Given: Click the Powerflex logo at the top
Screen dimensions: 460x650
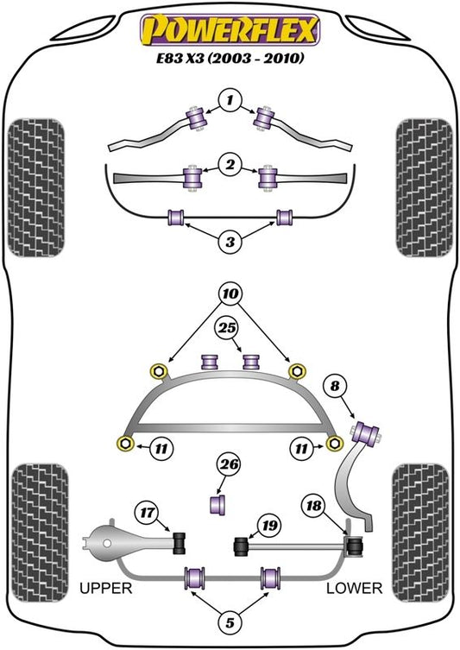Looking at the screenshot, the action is pyautogui.click(x=230, y=30).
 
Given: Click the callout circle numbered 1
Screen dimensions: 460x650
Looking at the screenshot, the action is pyautogui.click(x=230, y=100).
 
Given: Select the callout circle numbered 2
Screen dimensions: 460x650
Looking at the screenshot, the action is pyautogui.click(x=230, y=165).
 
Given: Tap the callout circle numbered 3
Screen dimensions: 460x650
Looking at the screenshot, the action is pyautogui.click(x=230, y=241).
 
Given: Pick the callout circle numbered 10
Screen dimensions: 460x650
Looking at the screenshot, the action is pyautogui.click(x=230, y=293).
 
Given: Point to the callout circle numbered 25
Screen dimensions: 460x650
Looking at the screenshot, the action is pyautogui.click(x=227, y=328).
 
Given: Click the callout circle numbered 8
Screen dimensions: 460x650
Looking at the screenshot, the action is pyautogui.click(x=335, y=387).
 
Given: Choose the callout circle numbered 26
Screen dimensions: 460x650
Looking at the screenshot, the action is pyautogui.click(x=230, y=464).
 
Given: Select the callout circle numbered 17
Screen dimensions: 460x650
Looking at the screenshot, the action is pyautogui.click(x=147, y=513).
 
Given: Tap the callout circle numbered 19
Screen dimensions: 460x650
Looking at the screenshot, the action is pyautogui.click(x=269, y=525).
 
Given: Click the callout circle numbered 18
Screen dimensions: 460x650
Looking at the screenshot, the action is pyautogui.click(x=313, y=505).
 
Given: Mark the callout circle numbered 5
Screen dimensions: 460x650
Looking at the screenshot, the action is pyautogui.click(x=230, y=622).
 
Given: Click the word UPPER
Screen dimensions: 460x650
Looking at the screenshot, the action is pyautogui.click(x=105, y=588).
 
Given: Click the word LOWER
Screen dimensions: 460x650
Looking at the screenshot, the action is pyautogui.click(x=355, y=588).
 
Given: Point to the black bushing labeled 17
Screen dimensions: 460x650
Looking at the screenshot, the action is pyautogui.click(x=180, y=542).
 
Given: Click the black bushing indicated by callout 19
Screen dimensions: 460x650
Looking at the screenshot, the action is pyautogui.click(x=241, y=546).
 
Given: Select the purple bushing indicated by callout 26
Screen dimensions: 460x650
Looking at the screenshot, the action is pyautogui.click(x=218, y=504).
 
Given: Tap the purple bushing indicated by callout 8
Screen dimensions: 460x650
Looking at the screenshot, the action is pyautogui.click(x=366, y=432).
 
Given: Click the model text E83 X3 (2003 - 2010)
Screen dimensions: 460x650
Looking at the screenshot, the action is pyautogui.click(x=230, y=59).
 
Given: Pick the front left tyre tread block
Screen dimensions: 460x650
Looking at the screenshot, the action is pyautogui.click(x=36, y=188).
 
